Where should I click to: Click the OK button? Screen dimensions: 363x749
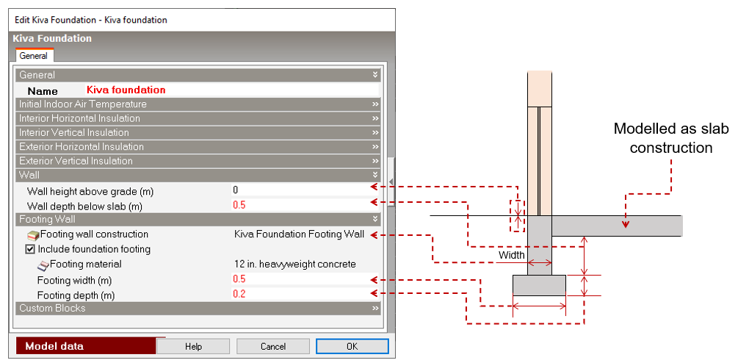pos(352,346)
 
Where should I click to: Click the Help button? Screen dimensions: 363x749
pos(193,346)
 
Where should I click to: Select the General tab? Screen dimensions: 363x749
pos(33,56)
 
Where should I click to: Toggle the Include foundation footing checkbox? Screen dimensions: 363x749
pos(30,249)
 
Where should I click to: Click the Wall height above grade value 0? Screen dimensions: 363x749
pos(236,191)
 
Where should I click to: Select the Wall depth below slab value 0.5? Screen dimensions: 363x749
pos(239,206)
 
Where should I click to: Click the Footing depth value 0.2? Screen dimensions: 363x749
pos(239,295)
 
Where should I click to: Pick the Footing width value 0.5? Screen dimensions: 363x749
pos(239,280)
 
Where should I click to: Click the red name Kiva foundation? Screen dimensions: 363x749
pos(126,90)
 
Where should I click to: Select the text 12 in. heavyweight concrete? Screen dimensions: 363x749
pos(294,264)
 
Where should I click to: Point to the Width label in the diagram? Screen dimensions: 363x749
pos(511,256)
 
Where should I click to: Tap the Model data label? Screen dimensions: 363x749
pos(54,346)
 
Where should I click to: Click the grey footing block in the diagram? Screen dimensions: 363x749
pos(539,285)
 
